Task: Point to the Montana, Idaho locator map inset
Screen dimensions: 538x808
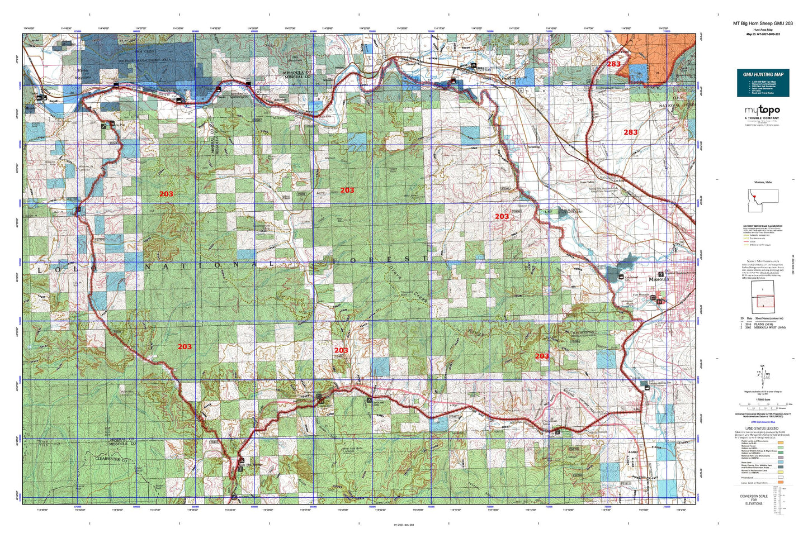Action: [763, 199]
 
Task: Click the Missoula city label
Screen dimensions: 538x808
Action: [658, 279]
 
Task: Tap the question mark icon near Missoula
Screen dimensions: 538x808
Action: [661, 274]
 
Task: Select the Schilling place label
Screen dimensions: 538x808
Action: [534, 147]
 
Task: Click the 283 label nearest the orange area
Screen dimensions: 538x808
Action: [613, 64]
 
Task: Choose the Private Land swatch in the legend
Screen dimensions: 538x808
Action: [780, 479]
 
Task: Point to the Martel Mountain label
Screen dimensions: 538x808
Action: [83, 72]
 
